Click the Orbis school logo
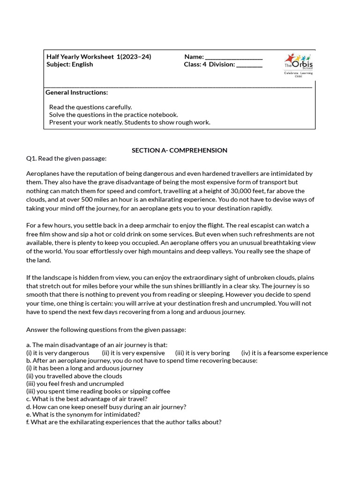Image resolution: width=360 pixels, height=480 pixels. tap(299, 65)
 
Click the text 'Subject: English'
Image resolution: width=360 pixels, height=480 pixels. tap(69, 64)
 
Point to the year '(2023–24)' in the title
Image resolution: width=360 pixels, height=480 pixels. tap(136, 57)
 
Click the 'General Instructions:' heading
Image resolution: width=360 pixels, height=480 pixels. tap(76, 92)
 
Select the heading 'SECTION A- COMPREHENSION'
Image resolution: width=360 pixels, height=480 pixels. tap(180, 150)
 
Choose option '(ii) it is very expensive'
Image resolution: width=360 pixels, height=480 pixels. tap(133, 353)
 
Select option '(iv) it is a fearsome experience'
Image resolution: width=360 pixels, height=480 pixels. tap(285, 353)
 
